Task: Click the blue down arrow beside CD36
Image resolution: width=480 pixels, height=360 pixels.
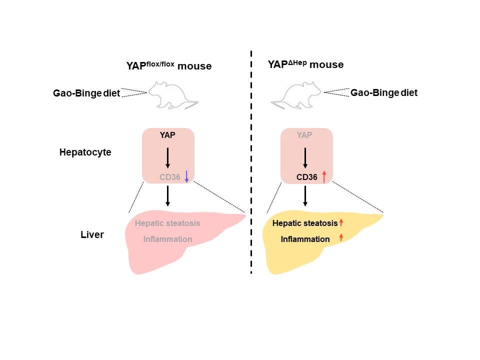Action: click(186, 176)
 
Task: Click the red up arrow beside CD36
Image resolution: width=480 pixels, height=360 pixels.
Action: click(324, 176)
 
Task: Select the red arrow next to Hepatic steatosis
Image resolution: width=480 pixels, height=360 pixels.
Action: click(341, 223)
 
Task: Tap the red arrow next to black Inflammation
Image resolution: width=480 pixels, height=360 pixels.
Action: click(341, 238)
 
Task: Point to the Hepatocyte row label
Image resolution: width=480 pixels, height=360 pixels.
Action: click(85, 152)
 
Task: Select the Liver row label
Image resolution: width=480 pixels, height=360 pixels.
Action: click(92, 234)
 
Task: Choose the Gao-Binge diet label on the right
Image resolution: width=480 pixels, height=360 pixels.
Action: click(384, 92)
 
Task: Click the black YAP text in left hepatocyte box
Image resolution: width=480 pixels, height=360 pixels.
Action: click(167, 135)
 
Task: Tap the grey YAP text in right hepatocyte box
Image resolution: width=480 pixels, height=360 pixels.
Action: click(305, 135)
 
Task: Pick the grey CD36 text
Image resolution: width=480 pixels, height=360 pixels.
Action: click(169, 176)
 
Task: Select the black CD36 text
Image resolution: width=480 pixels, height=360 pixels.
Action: click(307, 176)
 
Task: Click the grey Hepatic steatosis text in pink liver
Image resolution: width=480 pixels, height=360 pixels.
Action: click(167, 223)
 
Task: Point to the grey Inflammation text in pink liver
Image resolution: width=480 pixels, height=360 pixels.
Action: click(167, 239)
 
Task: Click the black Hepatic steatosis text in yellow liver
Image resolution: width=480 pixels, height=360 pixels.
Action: click(305, 223)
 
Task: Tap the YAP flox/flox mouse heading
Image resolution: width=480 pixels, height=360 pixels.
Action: click(168, 65)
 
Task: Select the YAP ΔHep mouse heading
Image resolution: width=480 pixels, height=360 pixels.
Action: click(305, 65)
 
